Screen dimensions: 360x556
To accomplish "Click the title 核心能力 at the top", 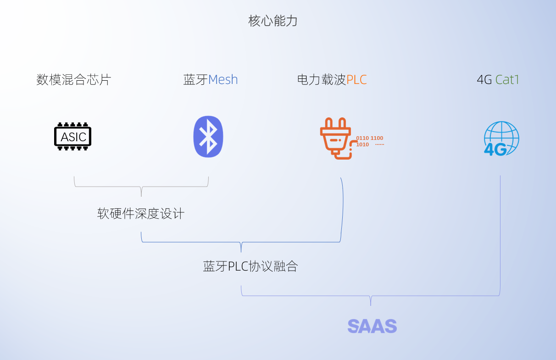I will pyautogui.click(x=273, y=21).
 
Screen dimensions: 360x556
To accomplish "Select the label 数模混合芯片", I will pyautogui.click(x=73, y=80).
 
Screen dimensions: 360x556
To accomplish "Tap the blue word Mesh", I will pyautogui.click(x=223, y=80).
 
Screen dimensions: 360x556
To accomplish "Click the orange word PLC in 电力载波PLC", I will pyautogui.click(x=356, y=80).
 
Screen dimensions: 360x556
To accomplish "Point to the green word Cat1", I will pyautogui.click(x=507, y=80).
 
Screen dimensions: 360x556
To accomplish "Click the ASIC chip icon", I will pyautogui.click(x=73, y=137).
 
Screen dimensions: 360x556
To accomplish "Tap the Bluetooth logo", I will pyautogui.click(x=208, y=136).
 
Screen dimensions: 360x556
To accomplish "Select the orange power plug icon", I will pyautogui.click(x=336, y=138).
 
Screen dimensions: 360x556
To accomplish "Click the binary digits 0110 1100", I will pyautogui.click(x=369, y=138).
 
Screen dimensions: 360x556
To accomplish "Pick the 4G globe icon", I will pyautogui.click(x=501, y=138).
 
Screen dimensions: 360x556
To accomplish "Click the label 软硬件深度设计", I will pyautogui.click(x=141, y=214).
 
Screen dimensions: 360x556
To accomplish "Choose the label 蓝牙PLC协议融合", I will pyautogui.click(x=250, y=266).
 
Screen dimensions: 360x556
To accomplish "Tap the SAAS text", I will pyautogui.click(x=372, y=326).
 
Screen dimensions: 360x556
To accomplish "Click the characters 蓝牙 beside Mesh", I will pyautogui.click(x=195, y=80).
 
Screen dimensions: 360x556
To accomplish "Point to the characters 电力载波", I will pyautogui.click(x=322, y=80).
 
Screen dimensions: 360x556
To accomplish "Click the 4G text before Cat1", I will pyautogui.click(x=484, y=80).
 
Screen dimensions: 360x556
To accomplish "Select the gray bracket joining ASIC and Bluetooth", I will pyautogui.click(x=141, y=187).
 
